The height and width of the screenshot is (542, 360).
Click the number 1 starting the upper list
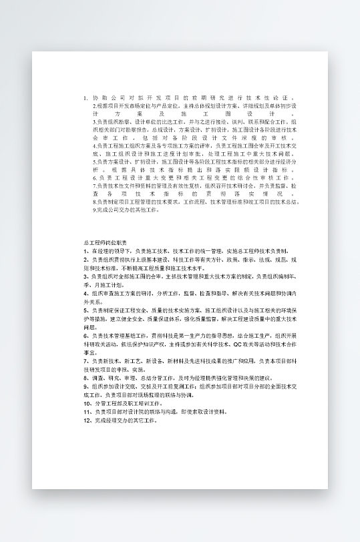tap(85, 97)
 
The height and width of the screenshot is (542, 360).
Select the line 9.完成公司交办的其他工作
tap(126, 228)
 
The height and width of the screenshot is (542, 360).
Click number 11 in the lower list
tap(87, 412)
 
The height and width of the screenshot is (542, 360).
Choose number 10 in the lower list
tap(87, 403)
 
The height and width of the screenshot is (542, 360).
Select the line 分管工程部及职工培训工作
tap(127, 403)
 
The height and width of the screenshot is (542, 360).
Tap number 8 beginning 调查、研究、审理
tap(85, 378)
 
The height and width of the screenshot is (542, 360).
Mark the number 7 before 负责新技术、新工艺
tap(85, 361)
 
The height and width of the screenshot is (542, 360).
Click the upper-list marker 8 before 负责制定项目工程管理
tap(94, 220)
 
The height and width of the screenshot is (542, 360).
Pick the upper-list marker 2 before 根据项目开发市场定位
tap(94, 106)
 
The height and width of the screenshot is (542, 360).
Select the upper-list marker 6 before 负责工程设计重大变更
tap(95, 196)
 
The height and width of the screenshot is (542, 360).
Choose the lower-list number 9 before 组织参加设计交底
tap(85, 386)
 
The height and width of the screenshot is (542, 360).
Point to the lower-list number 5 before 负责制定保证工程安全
tap(85, 310)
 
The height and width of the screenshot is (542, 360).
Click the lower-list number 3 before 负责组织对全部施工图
tap(85, 276)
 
